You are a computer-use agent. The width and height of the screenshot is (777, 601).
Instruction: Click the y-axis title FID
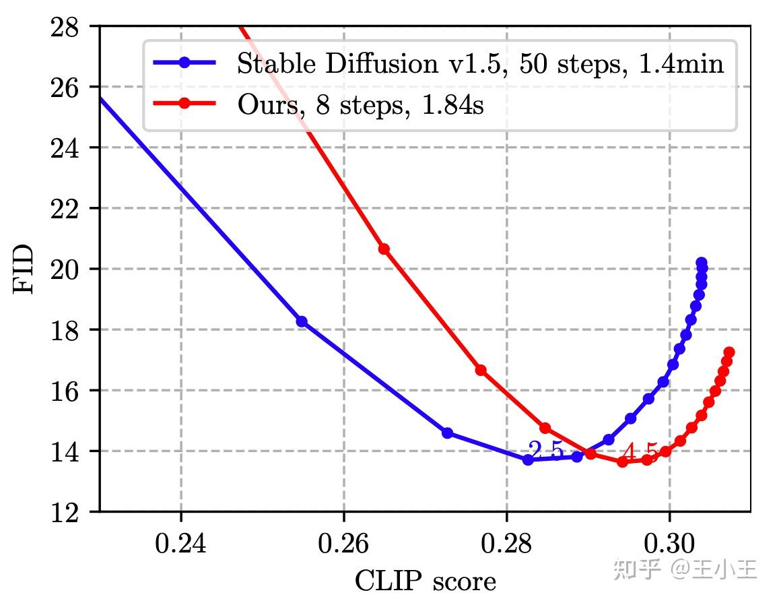coord(24,268)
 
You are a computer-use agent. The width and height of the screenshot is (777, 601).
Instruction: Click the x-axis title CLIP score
coord(425,580)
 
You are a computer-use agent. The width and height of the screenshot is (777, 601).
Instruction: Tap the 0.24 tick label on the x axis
coord(181,543)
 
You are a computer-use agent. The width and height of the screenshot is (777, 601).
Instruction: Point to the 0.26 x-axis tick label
coord(343,543)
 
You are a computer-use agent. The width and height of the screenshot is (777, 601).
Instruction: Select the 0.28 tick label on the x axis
coord(506,543)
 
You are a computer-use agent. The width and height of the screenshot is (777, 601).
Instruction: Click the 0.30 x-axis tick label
coord(669,543)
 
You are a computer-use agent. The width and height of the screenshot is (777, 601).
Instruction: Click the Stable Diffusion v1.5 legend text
coord(480,64)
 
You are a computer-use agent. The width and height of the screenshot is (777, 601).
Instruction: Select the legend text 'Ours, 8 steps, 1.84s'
coord(360,106)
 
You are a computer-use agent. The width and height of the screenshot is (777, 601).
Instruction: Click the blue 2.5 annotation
coord(545,450)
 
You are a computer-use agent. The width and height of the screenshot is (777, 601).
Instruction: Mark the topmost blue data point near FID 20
coord(701,262)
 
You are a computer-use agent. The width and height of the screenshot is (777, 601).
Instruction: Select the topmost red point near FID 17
coord(729,352)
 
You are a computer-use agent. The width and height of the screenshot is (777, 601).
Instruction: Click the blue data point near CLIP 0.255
coord(302,321)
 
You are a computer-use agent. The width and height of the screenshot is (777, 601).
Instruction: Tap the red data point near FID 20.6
coord(384,249)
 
